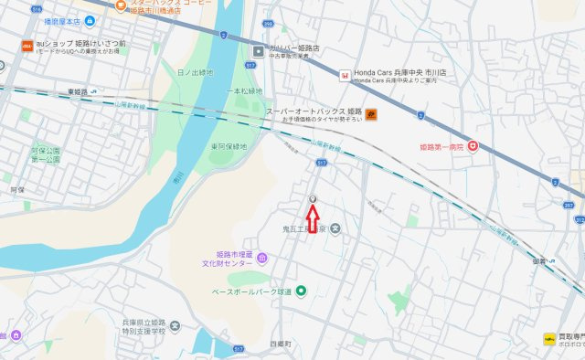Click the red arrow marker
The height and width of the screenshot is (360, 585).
(313, 218)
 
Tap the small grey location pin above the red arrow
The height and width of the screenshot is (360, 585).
(313, 199)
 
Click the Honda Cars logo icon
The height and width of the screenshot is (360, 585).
(345, 74)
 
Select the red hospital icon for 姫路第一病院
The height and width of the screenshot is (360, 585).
(473, 145)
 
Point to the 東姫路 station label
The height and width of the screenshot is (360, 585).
(80, 92)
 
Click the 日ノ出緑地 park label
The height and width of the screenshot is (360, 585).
(195, 71)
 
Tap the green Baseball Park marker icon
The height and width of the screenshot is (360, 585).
(301, 291)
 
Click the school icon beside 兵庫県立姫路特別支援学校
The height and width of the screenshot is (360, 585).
(175, 326)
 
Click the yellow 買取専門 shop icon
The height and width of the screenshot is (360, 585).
(550, 337)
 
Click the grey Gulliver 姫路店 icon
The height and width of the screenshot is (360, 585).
(258, 49)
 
